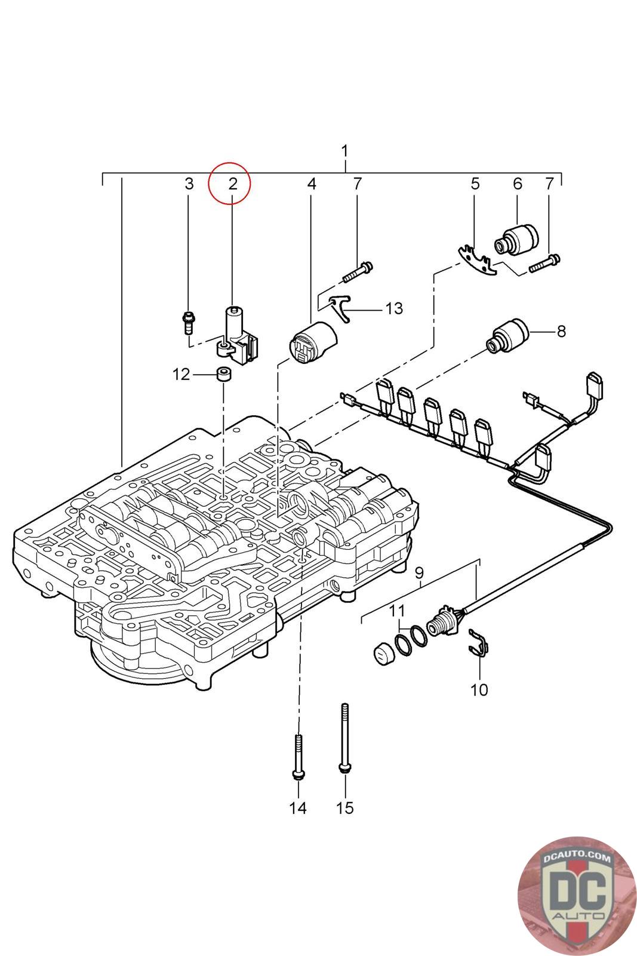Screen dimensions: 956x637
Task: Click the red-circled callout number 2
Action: tap(233, 183)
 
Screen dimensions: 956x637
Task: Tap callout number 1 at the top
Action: tap(344, 151)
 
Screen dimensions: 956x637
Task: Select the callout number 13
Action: tap(394, 309)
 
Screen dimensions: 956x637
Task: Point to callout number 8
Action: tap(561, 330)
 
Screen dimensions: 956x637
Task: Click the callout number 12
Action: tap(181, 375)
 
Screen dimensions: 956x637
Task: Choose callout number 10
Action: tap(479, 690)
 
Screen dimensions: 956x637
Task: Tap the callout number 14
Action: tap(297, 808)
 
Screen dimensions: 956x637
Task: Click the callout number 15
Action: tap(344, 808)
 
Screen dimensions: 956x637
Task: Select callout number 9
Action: tap(420, 574)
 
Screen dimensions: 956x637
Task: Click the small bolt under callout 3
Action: tap(189, 323)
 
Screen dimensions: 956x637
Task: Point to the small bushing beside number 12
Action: tap(224, 375)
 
